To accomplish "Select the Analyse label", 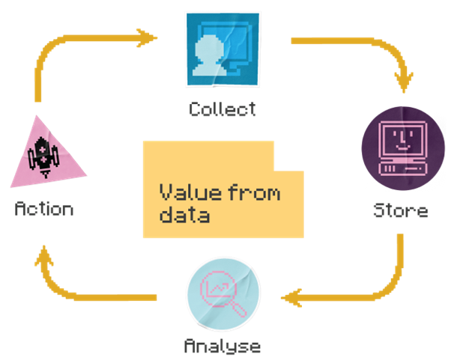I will pyautogui.click(x=223, y=346).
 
